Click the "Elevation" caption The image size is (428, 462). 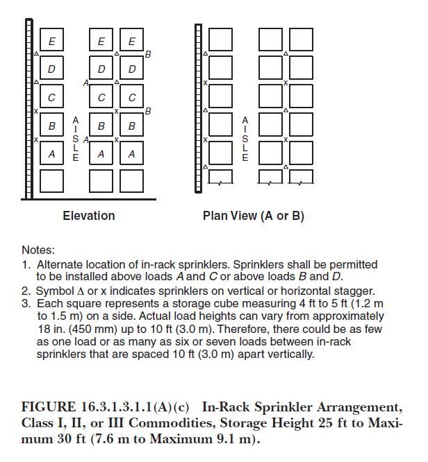(x=89, y=216)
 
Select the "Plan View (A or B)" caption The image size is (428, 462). (x=254, y=216)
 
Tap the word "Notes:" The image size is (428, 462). (x=38, y=250)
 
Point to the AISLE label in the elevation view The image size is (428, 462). (x=76, y=139)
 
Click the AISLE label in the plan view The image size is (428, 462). (x=245, y=139)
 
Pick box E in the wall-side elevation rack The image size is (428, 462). (x=51, y=40)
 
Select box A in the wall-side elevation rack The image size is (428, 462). (x=51, y=153)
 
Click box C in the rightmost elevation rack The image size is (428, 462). (x=131, y=96)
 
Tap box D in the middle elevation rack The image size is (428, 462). (x=101, y=68)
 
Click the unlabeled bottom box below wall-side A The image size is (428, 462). (x=51, y=181)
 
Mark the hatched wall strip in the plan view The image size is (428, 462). (x=198, y=108)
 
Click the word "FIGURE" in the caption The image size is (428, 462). (x=49, y=407)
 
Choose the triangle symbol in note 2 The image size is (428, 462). (x=81, y=291)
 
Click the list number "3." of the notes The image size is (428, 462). (x=26, y=303)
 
